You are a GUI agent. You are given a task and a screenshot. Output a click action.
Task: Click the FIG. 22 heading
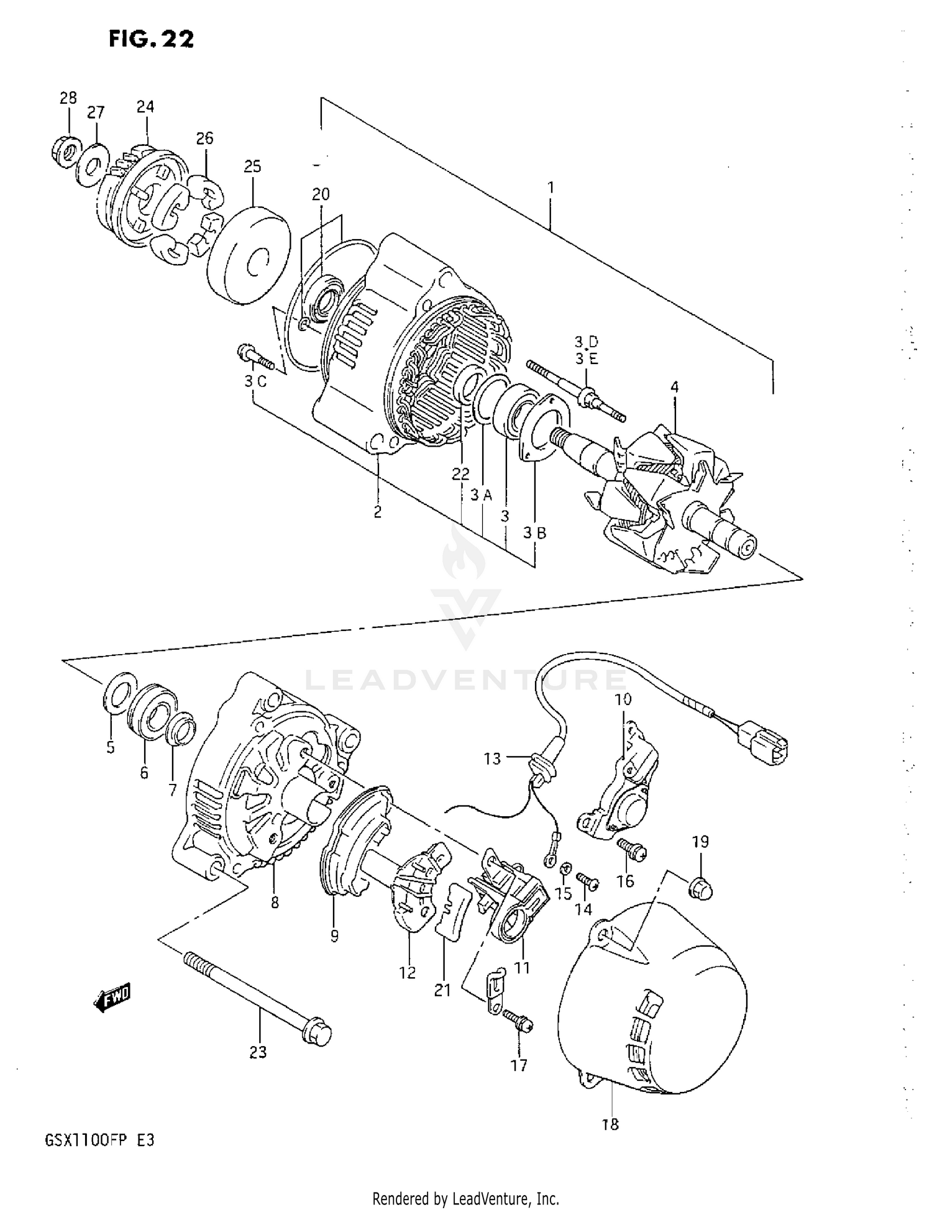coord(151,39)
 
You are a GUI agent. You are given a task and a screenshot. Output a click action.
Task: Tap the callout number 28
coord(68,98)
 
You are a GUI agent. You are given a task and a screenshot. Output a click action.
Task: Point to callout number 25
coord(252,166)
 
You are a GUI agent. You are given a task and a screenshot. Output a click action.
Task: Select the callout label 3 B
coord(534,532)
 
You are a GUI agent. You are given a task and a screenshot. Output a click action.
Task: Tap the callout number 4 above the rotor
coord(674,387)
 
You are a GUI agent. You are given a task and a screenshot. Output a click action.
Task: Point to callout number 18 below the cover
coord(611,1124)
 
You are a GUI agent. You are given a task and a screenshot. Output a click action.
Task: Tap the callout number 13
coord(492,758)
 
